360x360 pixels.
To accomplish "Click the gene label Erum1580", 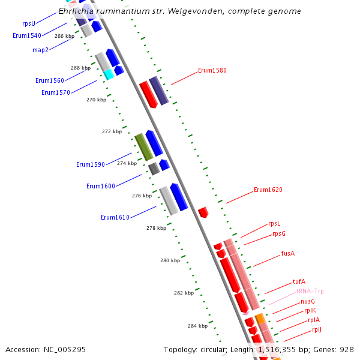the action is (x=212, y=70).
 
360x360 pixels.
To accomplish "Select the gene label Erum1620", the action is (x=268, y=190).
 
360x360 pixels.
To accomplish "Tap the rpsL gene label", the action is (x=274, y=223).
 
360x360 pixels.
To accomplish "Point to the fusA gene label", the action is (x=288, y=253).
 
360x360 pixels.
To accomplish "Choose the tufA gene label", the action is (x=299, y=281).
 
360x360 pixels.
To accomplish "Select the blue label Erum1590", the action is (x=91, y=164).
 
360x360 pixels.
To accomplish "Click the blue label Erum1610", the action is (x=115, y=217).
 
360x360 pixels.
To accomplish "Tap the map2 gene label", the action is (x=40, y=50).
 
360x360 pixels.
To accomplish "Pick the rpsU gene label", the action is (x=29, y=23).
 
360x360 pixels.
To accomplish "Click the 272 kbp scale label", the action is (x=112, y=131).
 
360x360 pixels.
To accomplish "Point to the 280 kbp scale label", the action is (x=170, y=260).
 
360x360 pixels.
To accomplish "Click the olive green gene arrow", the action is (x=143, y=147).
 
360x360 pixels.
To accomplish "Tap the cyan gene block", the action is (x=109, y=74).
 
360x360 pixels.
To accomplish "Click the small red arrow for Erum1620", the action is (x=203, y=212).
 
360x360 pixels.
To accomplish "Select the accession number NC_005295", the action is (x=67, y=349).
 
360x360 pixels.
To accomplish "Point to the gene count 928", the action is (x=346, y=349).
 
